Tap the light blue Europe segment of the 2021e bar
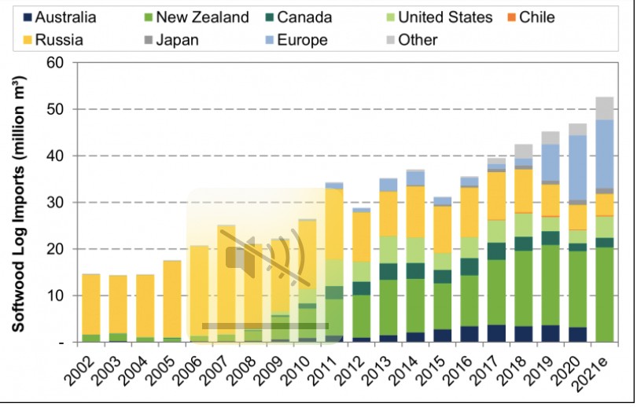(x=605, y=154)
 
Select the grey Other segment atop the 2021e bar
(x=605, y=108)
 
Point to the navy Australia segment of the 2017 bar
(x=496, y=333)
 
